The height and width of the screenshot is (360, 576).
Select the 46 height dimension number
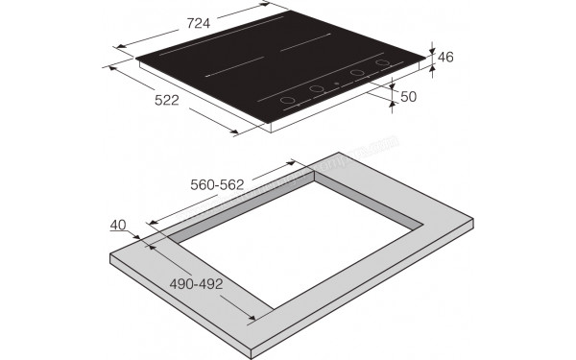click(x=444, y=58)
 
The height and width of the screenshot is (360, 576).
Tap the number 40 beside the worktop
click(x=119, y=225)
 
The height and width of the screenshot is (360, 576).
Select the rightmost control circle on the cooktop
click(x=383, y=65)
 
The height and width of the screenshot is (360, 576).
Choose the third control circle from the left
click(x=357, y=74)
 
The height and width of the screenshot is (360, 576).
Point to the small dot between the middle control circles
click(x=336, y=83)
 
